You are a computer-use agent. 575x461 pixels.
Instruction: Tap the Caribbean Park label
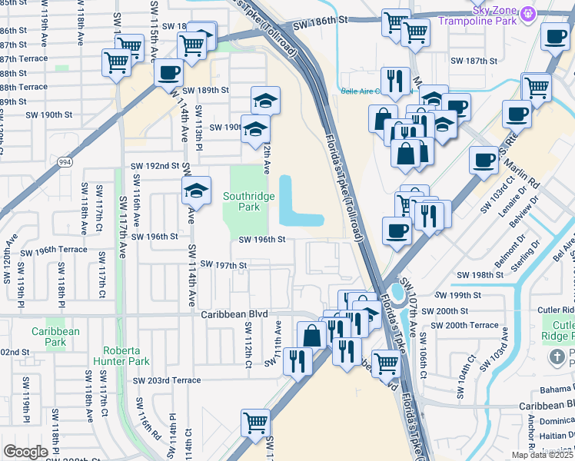coord(55,337)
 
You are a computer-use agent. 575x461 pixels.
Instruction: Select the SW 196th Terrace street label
coord(54,250)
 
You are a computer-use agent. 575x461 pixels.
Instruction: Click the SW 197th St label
coord(223,264)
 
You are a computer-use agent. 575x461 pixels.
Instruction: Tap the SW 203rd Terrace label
coord(167,380)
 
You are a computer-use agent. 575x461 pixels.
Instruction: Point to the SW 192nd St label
coord(155,165)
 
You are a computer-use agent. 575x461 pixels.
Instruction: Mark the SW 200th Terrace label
coord(464,325)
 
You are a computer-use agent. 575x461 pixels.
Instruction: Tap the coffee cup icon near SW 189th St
coord(168,74)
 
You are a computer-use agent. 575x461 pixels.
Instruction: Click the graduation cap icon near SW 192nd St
coord(196,191)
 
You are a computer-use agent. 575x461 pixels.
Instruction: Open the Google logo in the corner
coord(25,452)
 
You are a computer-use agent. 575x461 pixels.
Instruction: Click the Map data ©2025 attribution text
coord(540,455)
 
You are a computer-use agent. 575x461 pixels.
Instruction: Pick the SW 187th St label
coord(474,60)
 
